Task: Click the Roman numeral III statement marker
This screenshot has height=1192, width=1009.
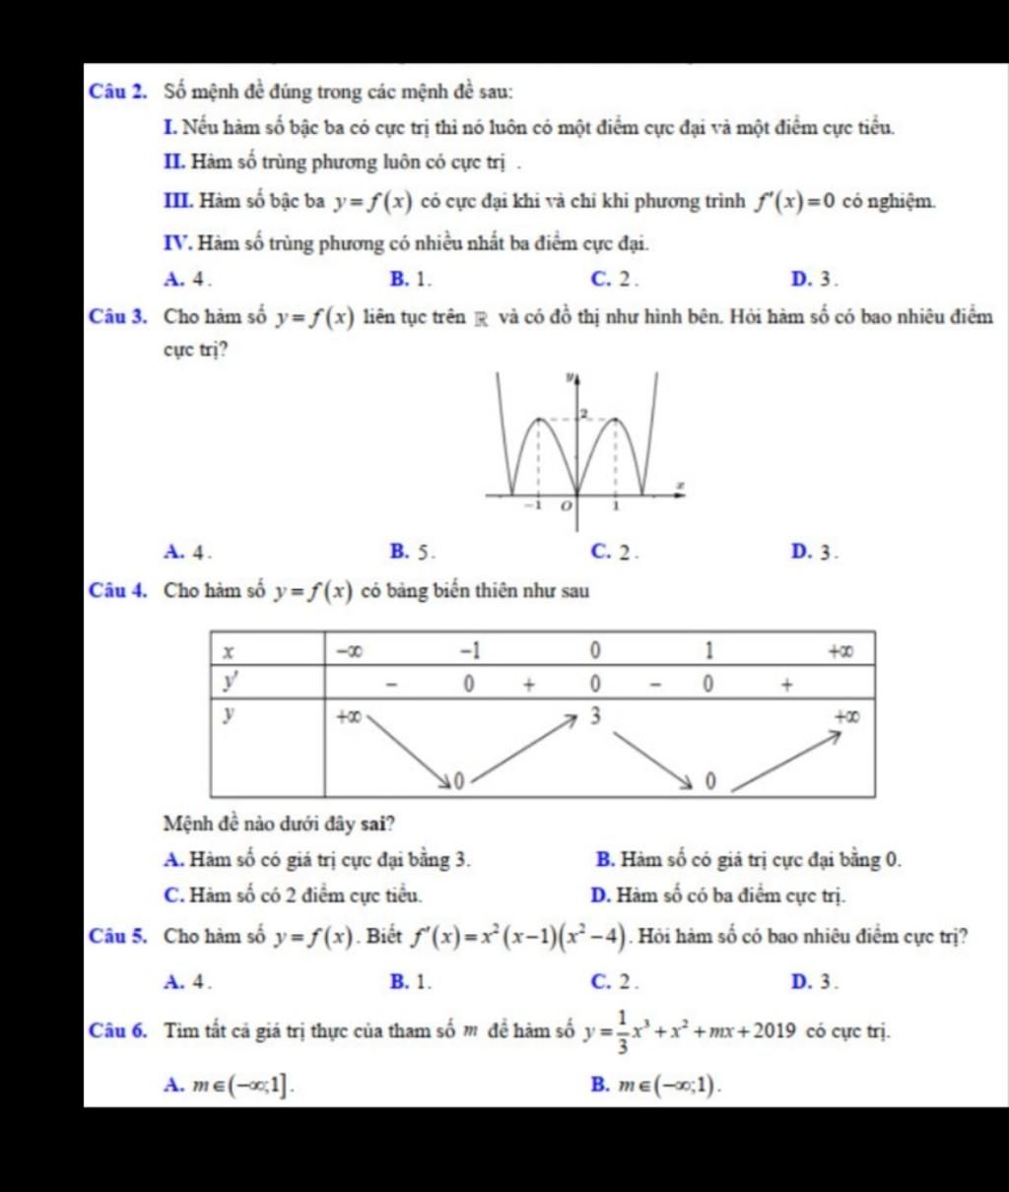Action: pos(178,202)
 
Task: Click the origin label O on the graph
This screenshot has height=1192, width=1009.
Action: pos(566,506)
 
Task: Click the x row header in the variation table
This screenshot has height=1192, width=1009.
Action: pos(229,652)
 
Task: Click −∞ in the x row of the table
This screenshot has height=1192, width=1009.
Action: pos(347,651)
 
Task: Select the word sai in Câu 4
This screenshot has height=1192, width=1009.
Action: pos(378,823)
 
